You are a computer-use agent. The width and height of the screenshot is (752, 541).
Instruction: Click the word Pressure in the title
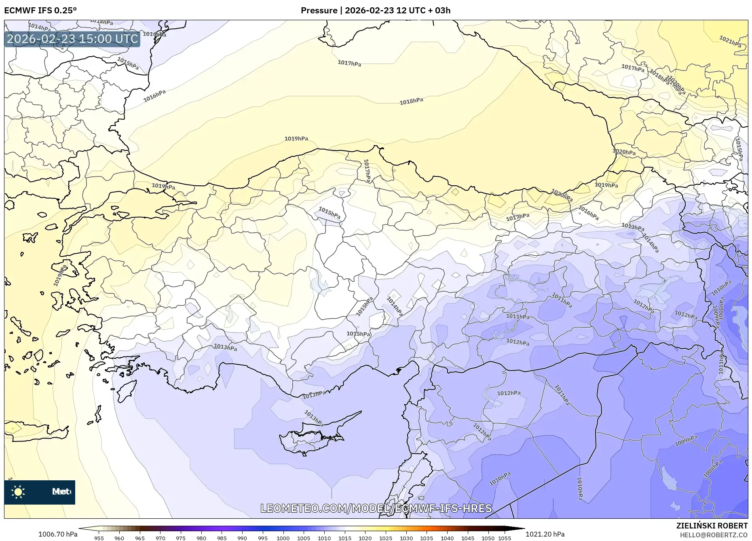319,11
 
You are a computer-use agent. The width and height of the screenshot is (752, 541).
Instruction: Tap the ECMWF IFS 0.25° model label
40,11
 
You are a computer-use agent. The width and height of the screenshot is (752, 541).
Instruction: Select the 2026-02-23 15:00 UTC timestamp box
72,39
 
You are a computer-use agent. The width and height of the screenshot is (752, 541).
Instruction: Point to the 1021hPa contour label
730,41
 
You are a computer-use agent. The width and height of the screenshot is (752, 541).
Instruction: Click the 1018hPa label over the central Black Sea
411,101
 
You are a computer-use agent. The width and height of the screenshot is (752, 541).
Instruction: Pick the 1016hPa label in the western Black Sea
154,96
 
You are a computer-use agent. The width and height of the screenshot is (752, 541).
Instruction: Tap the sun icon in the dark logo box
18,492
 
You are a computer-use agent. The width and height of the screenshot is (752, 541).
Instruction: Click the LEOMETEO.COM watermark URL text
376,508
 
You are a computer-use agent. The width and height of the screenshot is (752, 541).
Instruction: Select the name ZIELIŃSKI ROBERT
712,526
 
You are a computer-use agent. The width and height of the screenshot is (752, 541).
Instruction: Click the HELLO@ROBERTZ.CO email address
714,535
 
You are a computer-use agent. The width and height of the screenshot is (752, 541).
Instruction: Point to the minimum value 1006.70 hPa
58,534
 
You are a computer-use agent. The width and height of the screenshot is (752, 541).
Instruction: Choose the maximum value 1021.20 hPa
545,534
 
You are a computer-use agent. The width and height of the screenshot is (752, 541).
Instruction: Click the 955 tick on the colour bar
99,538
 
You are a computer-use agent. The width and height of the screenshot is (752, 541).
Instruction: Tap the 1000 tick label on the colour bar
283,538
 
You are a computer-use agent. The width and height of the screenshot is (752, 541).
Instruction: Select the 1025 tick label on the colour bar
386,538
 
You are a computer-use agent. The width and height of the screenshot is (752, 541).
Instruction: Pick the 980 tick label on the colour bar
201,538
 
